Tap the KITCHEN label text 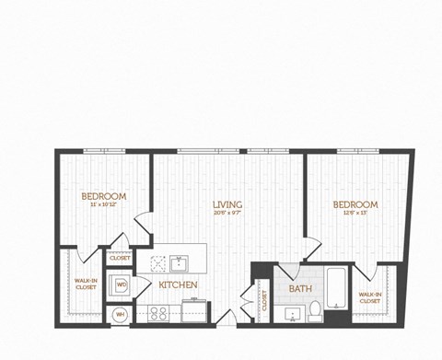178,285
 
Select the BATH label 300,288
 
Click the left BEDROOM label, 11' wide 103,196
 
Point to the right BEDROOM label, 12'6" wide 356,204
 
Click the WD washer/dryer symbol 122,285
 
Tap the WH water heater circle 120,314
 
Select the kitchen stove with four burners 158,312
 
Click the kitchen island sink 179,264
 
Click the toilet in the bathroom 315,308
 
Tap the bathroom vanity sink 294,314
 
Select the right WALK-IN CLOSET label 369,296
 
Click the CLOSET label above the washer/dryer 120,259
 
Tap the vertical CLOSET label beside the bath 262,300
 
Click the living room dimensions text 227,212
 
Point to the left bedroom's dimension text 103,205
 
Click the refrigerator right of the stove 195,312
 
